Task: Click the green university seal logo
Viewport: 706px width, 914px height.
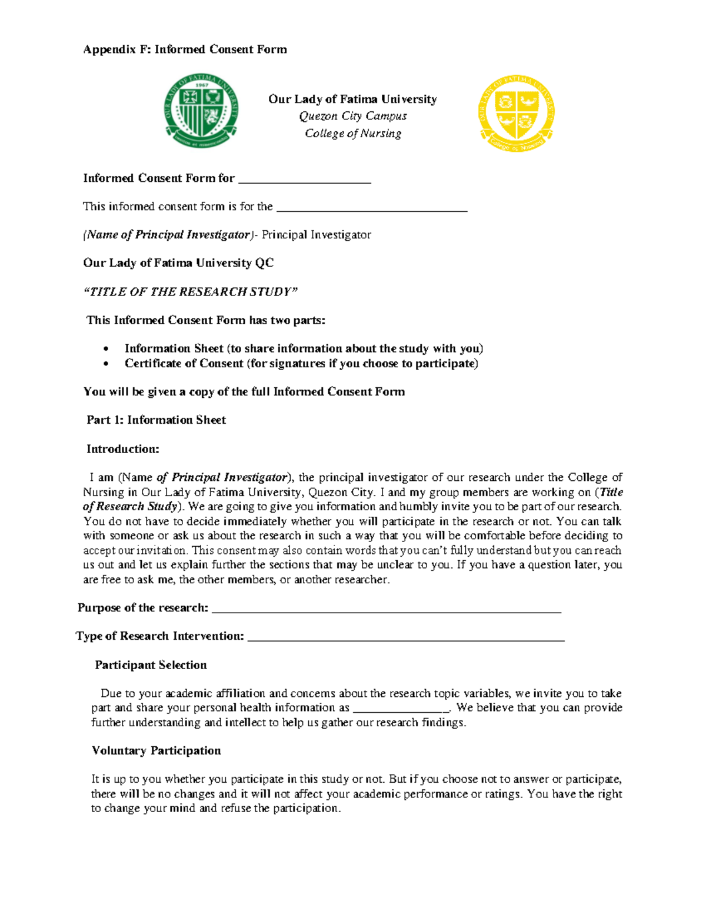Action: pos(201,111)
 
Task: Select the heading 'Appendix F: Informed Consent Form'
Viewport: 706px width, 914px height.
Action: pos(185,49)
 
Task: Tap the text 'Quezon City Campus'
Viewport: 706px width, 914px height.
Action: pos(352,116)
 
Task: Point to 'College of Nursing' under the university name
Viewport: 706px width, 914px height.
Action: pos(352,134)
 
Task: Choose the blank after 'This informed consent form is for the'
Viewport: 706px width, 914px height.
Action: pos(371,208)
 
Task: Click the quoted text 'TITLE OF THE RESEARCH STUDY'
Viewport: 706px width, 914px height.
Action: pos(191,292)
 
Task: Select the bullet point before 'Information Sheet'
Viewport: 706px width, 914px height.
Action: pos(106,349)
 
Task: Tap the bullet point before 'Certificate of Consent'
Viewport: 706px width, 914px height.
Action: pos(106,364)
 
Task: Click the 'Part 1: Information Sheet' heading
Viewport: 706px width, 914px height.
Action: pos(156,420)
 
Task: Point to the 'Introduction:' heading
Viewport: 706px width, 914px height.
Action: pos(122,449)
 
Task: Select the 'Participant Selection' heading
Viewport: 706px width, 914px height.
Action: pos(151,665)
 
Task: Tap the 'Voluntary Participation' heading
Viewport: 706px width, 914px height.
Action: pos(156,750)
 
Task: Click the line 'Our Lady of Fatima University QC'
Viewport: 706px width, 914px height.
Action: pos(178,263)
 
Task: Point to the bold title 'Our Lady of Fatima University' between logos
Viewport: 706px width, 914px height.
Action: pos(352,99)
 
